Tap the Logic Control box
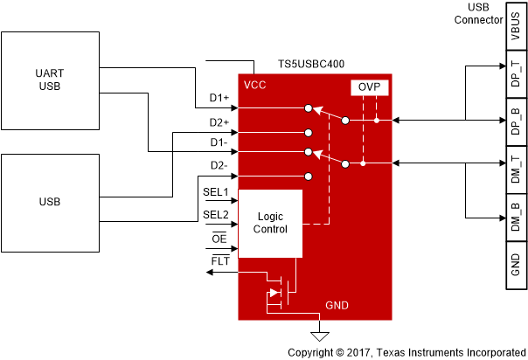point(270,223)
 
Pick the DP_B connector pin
point(514,121)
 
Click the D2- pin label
point(219,165)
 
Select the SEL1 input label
point(215,190)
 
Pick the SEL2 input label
point(215,214)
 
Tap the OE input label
point(219,239)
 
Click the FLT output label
point(219,261)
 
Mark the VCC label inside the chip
point(255,86)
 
